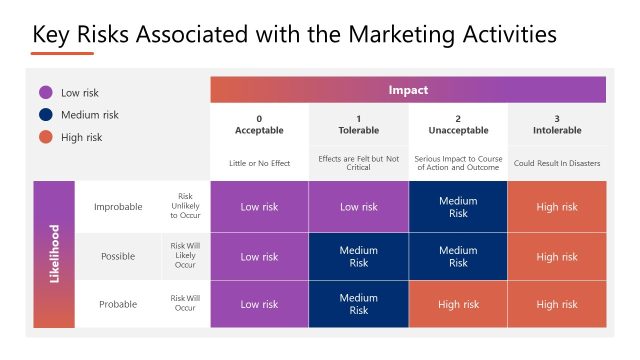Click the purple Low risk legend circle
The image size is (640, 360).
coord(44,92)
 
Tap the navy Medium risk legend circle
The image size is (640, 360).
coord(44,114)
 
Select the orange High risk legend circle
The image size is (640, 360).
coord(44,137)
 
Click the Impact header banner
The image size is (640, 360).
coord(408,90)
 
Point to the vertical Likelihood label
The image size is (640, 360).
coord(54,254)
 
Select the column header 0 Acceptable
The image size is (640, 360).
coord(259,124)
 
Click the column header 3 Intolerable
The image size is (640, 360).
coord(556,124)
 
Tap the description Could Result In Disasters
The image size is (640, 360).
coord(556,161)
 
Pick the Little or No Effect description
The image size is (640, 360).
coord(259,161)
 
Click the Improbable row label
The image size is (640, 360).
coord(118,207)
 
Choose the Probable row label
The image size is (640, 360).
coord(118,304)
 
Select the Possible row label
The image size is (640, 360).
coord(118,256)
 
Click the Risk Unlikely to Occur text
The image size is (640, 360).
coord(186,206)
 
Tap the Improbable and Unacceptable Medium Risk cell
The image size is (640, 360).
coord(457,207)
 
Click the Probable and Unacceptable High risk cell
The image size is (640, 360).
coord(457,304)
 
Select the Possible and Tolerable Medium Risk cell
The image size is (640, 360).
coord(358,256)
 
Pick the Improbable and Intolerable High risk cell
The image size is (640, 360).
coord(556,207)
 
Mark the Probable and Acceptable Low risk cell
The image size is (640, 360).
coord(259,304)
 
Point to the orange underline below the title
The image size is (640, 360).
coord(63,54)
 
